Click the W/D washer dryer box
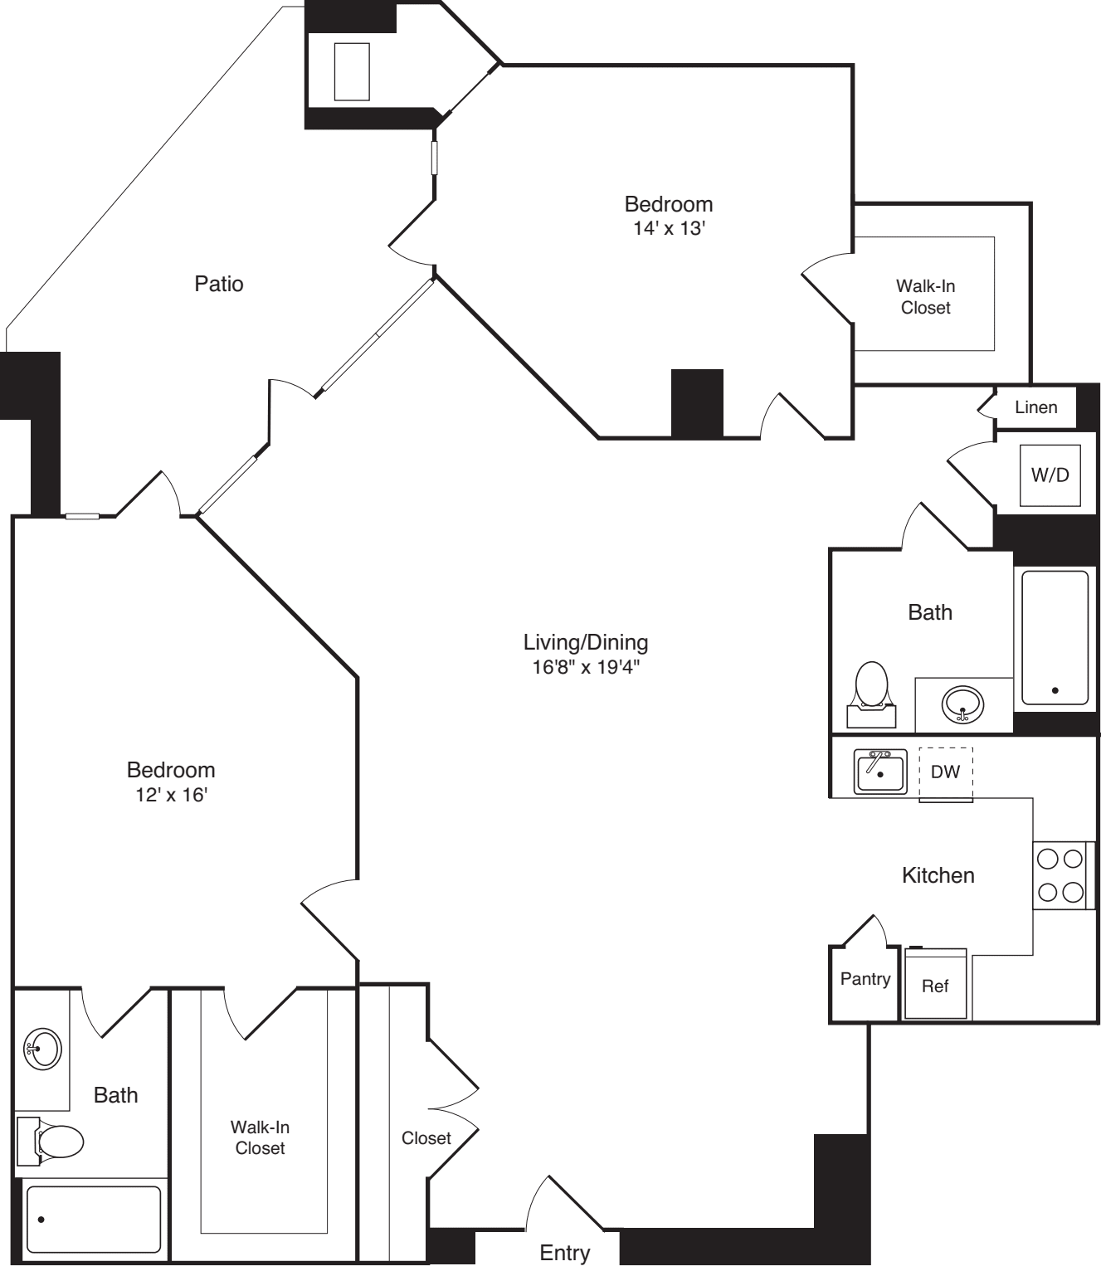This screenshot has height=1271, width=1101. coord(1050,475)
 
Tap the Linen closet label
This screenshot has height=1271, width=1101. coord(1035,407)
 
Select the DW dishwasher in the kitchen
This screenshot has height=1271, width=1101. coord(945,773)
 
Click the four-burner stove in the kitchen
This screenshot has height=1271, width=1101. coord(1060,875)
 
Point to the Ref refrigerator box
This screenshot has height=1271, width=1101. coord(935,985)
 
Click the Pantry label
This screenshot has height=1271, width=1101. coord(865,979)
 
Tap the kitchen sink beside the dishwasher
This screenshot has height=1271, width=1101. coord(879,772)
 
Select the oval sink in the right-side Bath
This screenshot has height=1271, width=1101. coord(962,705)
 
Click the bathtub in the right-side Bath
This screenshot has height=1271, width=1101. coord(1055,637)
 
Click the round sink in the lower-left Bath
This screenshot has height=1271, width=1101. coord(42,1049)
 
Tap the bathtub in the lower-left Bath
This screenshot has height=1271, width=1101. coord(93,1219)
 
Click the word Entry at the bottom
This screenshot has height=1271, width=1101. coord(564,1253)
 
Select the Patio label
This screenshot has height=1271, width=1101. coord(219,284)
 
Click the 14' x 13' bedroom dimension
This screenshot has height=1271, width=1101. coord(669,228)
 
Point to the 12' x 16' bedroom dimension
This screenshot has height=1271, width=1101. coord(171,795)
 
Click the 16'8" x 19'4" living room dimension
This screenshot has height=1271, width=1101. coord(586,666)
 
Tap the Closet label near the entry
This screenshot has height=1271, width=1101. coord(426,1138)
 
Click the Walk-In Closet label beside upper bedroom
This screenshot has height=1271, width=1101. coord(925,297)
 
